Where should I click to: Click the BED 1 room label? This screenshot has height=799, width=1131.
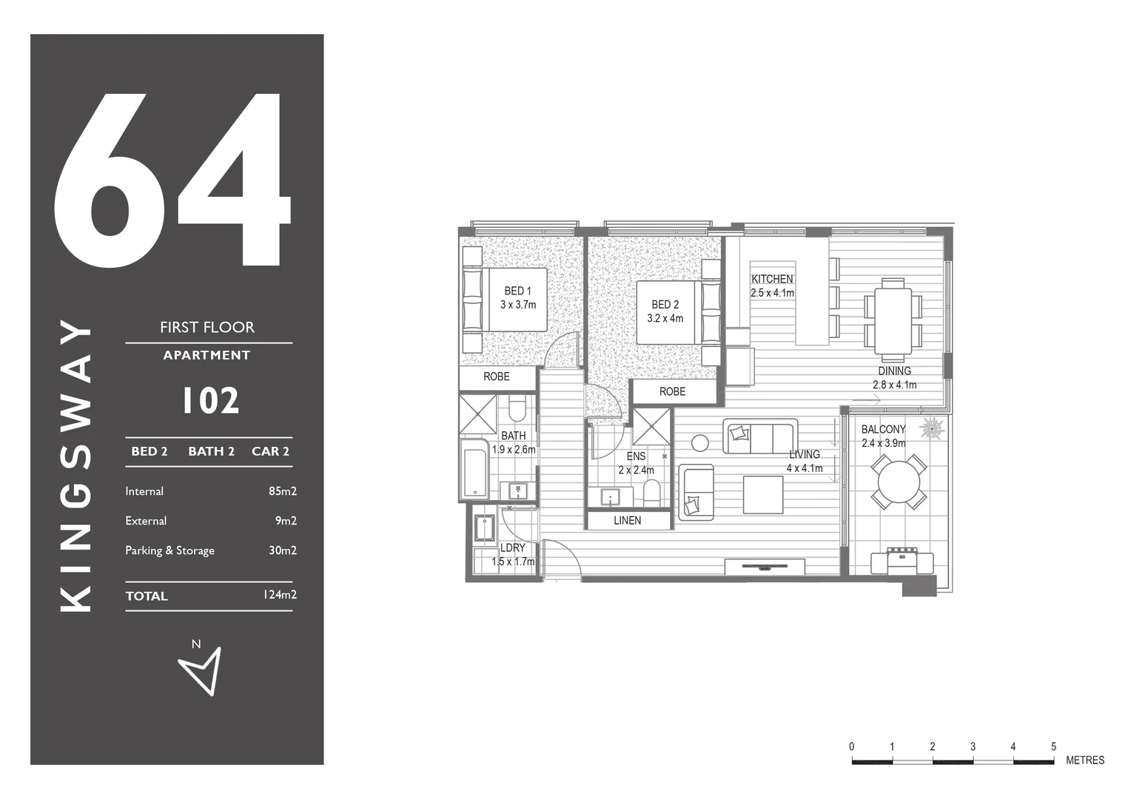click(517, 291)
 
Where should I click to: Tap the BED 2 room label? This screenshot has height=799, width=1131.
click(665, 305)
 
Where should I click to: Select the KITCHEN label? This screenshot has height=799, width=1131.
click(772, 279)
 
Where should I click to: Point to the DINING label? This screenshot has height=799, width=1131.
click(894, 371)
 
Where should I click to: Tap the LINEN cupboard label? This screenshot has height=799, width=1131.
click(627, 521)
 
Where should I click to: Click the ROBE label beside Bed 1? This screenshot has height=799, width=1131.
click(496, 377)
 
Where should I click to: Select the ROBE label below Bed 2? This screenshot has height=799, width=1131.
click(672, 392)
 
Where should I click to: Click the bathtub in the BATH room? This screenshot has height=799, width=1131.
click(474, 470)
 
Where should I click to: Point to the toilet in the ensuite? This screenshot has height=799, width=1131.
click(651, 493)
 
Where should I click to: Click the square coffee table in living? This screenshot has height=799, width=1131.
click(763, 495)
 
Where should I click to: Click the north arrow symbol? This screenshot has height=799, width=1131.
click(201, 670)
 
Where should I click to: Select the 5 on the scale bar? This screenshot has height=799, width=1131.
click(1053, 746)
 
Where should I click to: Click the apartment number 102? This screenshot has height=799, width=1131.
click(210, 401)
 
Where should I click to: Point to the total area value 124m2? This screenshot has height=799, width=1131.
click(279, 595)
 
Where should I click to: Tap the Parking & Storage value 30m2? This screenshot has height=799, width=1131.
click(282, 550)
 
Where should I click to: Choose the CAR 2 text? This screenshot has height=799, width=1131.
click(270, 451)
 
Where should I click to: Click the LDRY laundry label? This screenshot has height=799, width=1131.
click(512, 548)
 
